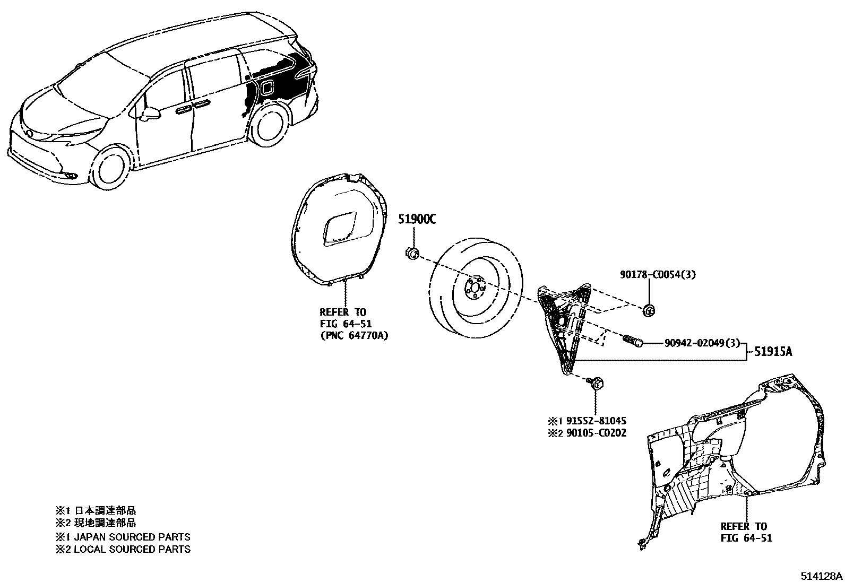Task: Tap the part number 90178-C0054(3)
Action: tap(658, 274)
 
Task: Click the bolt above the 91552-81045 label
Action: tap(595, 382)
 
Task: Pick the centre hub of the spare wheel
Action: tap(473, 289)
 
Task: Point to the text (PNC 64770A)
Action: tap(353, 336)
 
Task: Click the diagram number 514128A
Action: tap(822, 576)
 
